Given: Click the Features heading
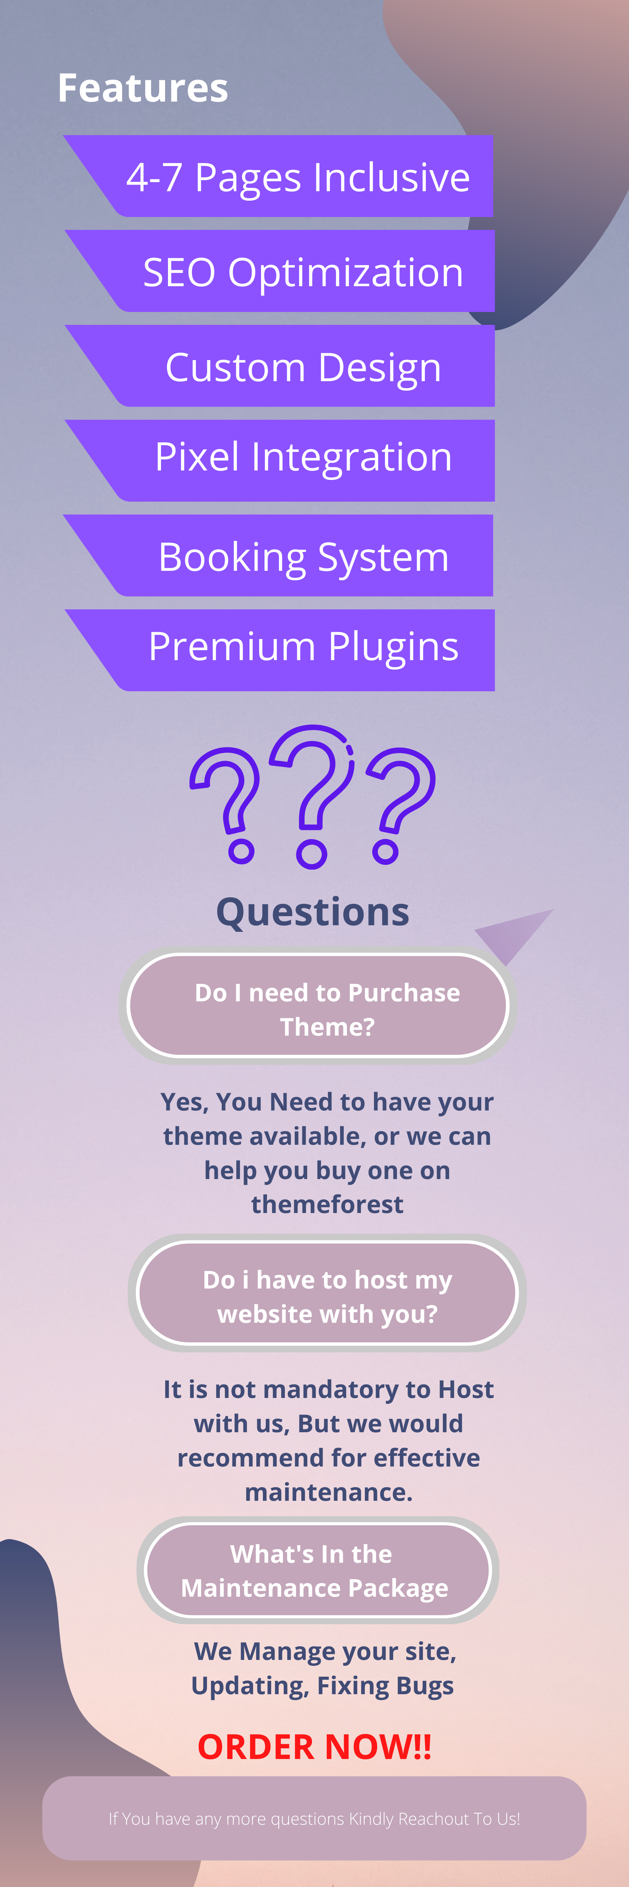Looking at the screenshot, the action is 143,89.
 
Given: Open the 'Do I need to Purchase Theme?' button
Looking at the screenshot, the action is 319,1005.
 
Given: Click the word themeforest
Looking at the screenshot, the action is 327,1204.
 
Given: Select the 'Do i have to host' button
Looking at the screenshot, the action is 327,1293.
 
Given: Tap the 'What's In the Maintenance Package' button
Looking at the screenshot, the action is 318,1570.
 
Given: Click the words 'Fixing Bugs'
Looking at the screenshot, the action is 385,1685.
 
